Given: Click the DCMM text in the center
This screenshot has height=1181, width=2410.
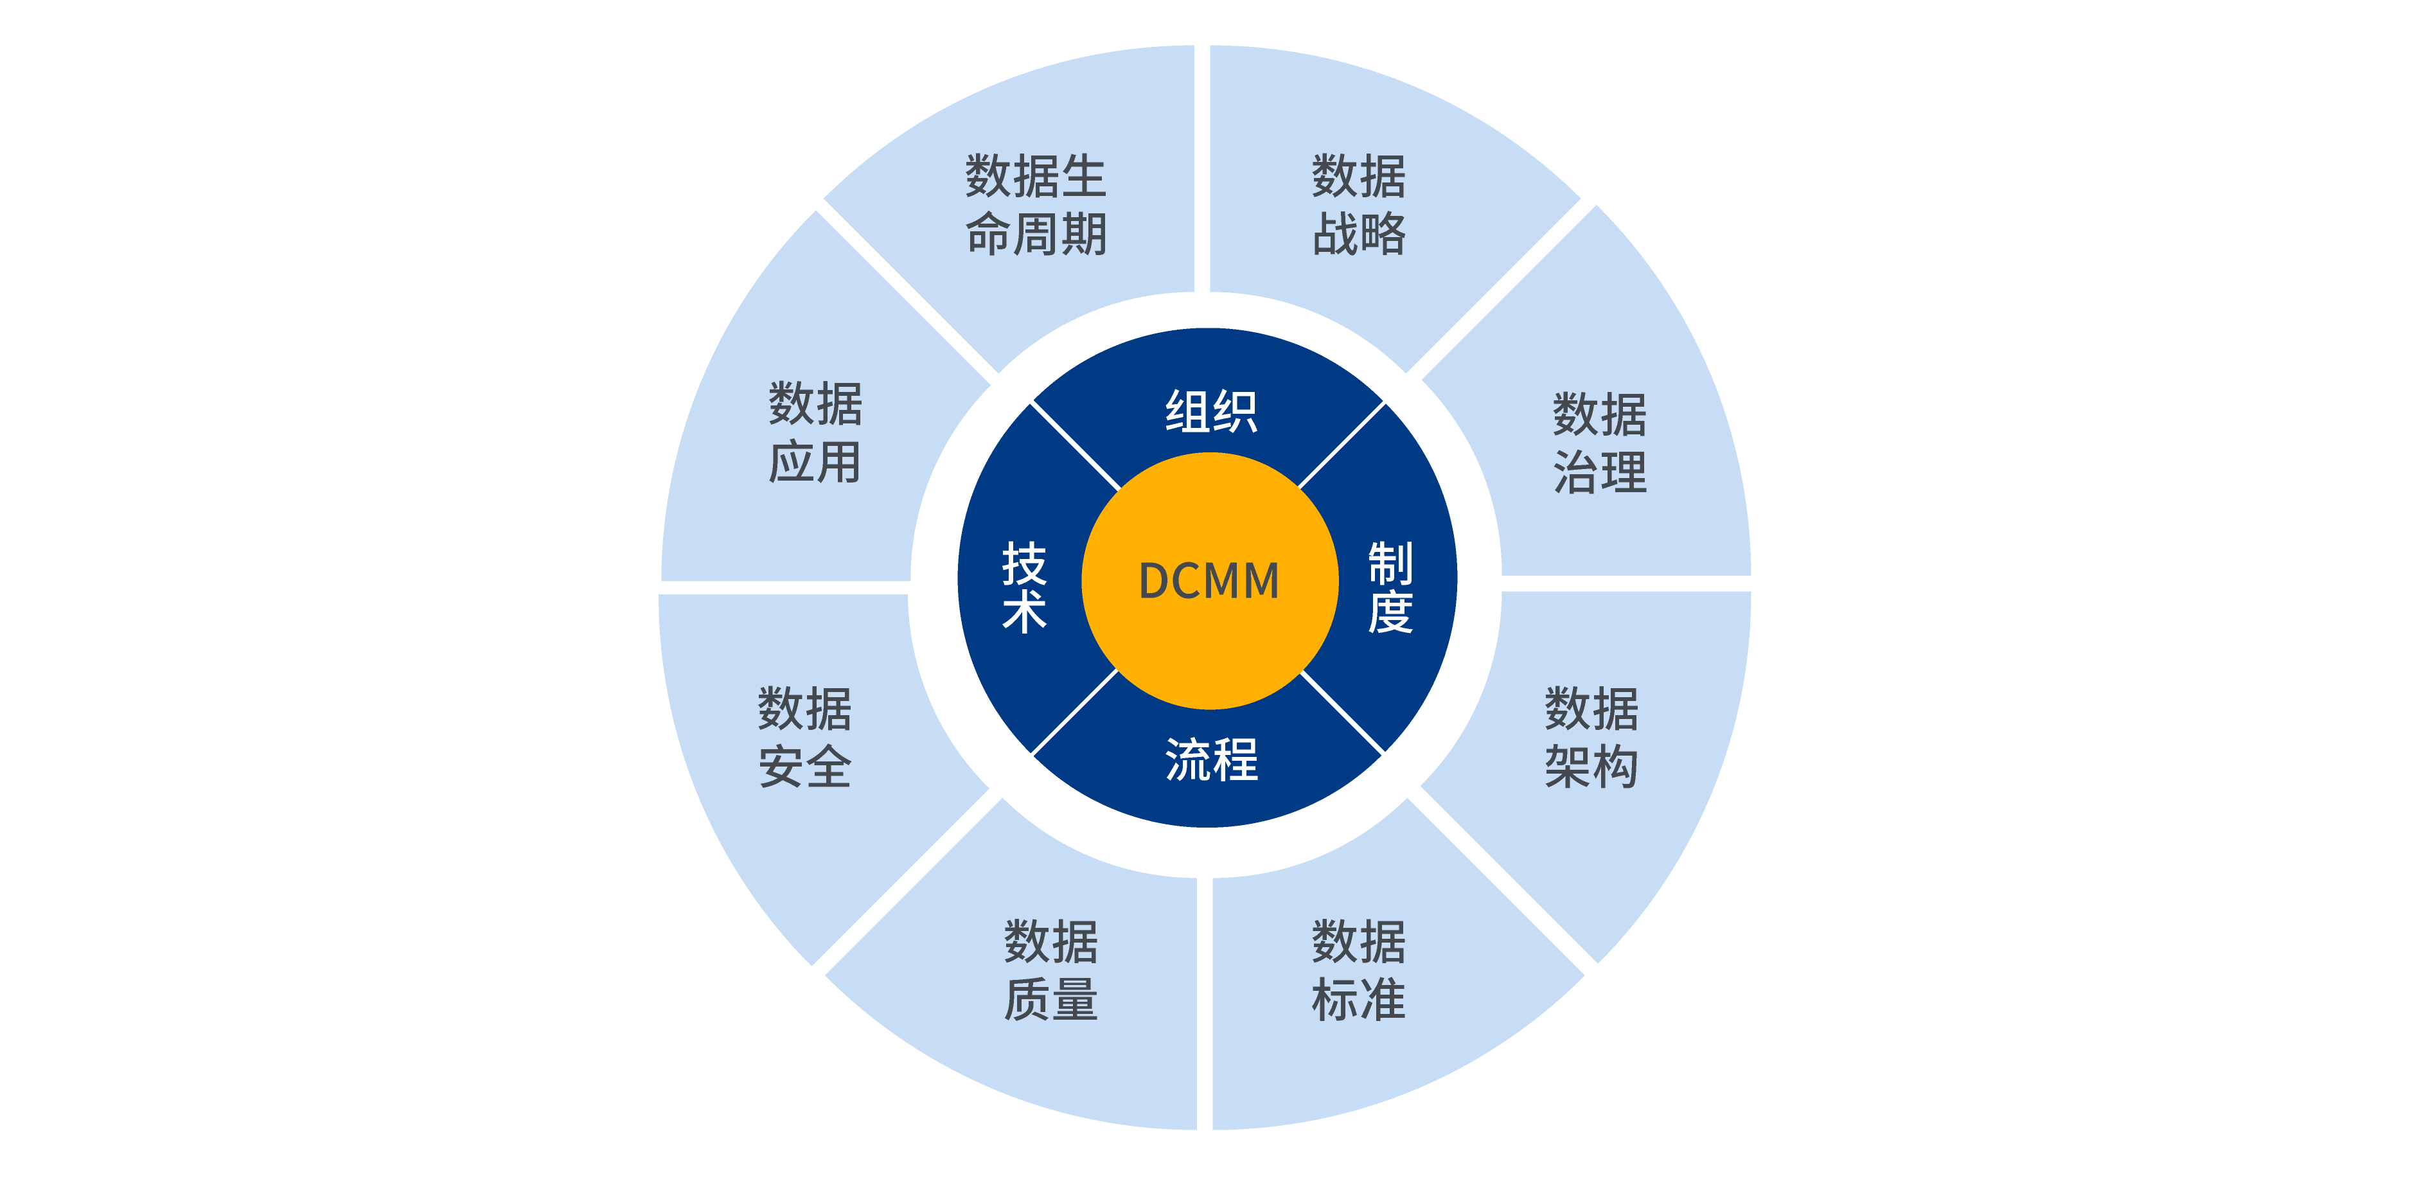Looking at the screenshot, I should (1209, 581).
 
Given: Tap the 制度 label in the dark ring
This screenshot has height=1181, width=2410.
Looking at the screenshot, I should (1390, 588).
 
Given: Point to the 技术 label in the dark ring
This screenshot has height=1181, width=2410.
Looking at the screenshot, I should (1024, 588).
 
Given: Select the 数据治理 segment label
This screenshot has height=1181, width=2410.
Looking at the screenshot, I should (1600, 443).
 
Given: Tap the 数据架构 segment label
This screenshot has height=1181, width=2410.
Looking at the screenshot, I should (1591, 738).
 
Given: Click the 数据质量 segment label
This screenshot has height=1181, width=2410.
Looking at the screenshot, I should (1050, 970).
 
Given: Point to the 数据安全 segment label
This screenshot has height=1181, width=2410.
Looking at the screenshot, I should (804, 738).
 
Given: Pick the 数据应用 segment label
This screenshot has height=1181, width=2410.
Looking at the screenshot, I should (815, 433).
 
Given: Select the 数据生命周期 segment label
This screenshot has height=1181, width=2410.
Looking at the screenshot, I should (1036, 205).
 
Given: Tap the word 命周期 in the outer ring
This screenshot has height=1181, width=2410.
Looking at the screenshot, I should (1036, 234).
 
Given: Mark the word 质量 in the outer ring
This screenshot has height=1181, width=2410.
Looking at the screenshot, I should (1050, 999).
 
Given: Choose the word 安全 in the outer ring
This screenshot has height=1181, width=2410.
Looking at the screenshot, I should (804, 767).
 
